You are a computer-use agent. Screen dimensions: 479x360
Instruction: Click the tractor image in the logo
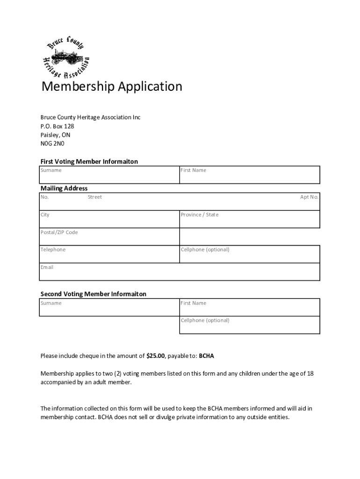tap(65, 58)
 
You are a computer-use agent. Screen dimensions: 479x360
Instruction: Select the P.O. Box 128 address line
tap(57, 126)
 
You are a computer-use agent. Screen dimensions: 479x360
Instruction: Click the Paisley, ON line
tap(55, 135)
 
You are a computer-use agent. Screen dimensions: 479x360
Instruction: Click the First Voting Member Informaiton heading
tap(89, 161)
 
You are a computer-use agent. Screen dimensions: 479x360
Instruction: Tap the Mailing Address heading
tap(64, 189)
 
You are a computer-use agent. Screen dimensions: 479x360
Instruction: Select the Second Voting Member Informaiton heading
tap(93, 294)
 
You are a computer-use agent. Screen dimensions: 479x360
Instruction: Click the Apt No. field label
tap(309, 197)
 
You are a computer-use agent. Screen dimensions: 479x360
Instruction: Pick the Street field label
tap(94, 197)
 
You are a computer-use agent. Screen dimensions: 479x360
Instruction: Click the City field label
tap(45, 215)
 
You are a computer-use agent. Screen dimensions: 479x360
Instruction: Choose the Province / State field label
tap(200, 215)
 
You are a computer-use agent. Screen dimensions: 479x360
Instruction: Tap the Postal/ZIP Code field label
tap(59, 232)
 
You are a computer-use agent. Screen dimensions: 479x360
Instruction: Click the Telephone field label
tap(53, 250)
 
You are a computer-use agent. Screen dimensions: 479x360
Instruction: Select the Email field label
tap(47, 268)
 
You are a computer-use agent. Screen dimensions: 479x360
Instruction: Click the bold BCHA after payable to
tap(206, 356)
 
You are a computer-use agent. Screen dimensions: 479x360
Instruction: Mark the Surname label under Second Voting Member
tap(51, 303)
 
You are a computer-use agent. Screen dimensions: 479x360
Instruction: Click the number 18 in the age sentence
tap(310, 373)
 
